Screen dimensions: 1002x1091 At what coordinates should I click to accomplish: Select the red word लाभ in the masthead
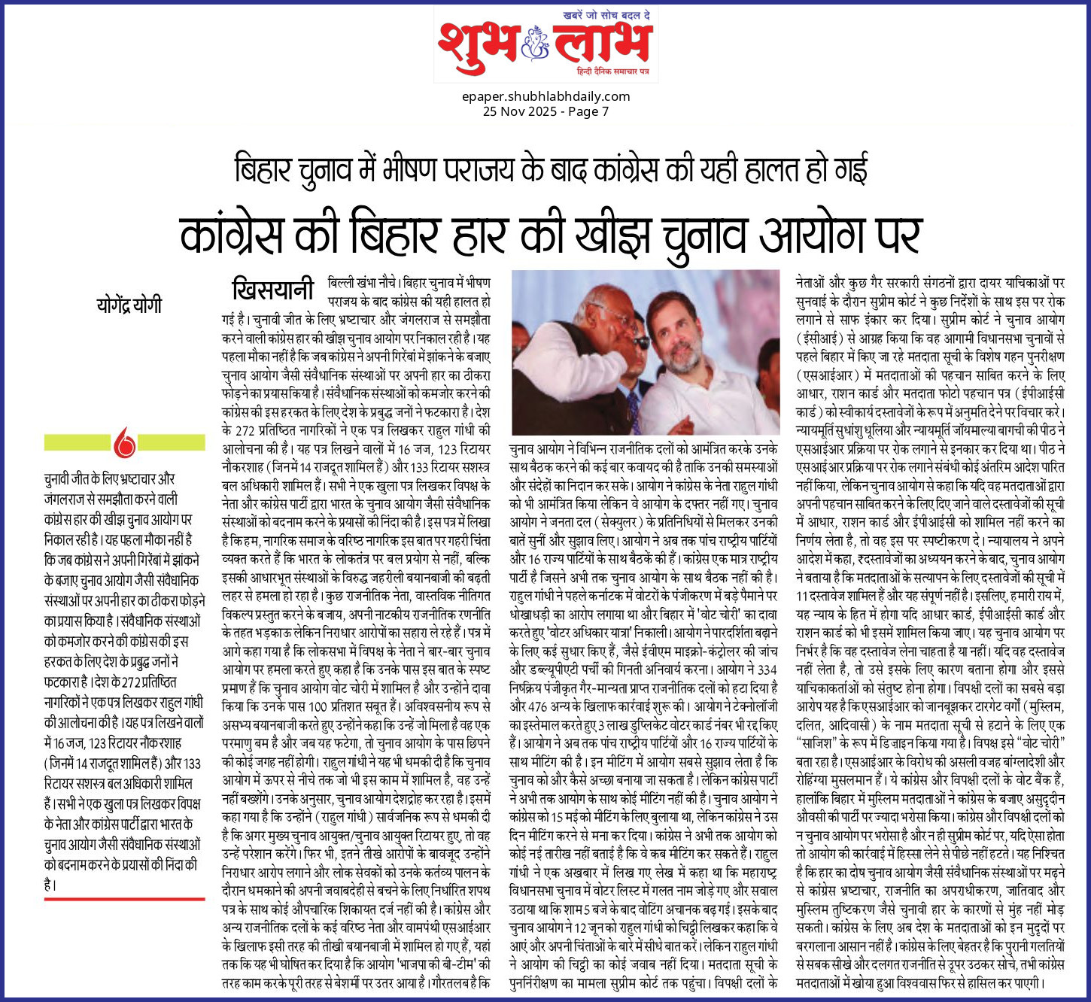click(x=601, y=45)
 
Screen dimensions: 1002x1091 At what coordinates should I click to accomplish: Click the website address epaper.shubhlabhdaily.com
click(x=546, y=96)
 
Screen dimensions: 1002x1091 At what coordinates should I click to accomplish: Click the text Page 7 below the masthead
click(x=589, y=111)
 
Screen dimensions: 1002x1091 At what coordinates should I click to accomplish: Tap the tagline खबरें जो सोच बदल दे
click(x=607, y=15)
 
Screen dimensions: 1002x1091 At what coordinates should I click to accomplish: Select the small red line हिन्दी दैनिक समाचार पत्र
click(x=612, y=71)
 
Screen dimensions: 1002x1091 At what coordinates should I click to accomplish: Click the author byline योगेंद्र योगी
click(x=129, y=305)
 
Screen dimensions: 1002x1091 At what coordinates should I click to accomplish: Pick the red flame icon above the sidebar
click(x=125, y=442)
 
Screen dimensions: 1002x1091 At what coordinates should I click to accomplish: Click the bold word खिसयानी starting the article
click(x=272, y=289)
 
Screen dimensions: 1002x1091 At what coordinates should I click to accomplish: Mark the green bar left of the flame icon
click(x=78, y=442)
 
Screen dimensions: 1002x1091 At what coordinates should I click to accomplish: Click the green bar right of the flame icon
click(x=171, y=442)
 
